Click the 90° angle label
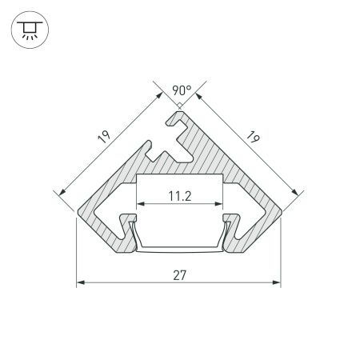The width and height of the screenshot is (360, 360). (x=179, y=90)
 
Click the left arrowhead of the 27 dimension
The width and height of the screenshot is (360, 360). (x=80, y=282)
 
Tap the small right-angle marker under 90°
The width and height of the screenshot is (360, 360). (x=179, y=103)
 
